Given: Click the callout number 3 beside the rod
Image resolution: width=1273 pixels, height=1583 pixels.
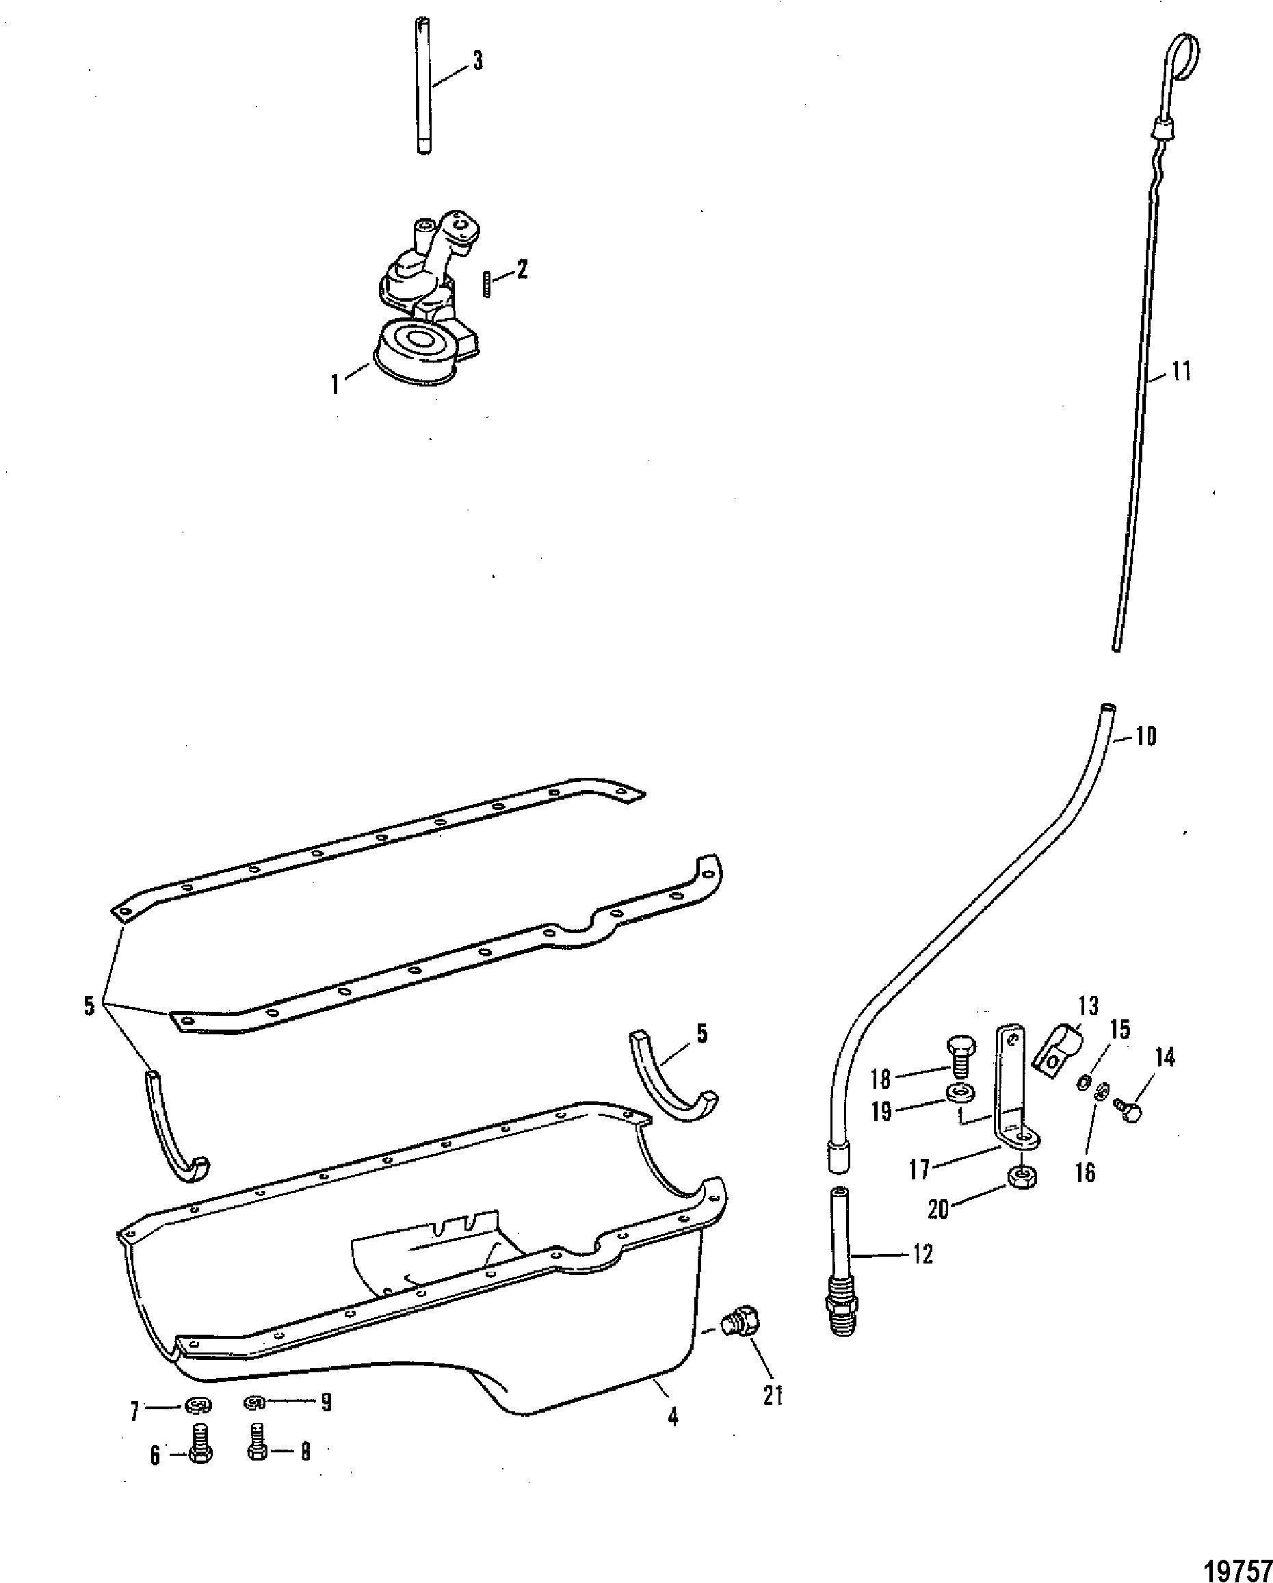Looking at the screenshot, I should (x=478, y=62).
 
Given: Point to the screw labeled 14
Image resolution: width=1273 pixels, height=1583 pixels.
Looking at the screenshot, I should (x=1126, y=1113).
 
